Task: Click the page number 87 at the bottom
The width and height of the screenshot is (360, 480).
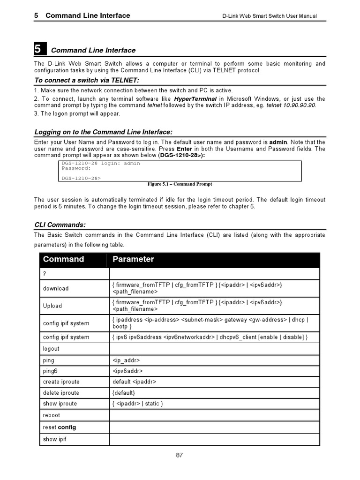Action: point(180,455)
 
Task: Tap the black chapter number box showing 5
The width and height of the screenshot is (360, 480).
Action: point(40,49)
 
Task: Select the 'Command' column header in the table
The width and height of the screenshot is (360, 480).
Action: point(63,259)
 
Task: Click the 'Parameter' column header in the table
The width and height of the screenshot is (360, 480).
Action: point(133,259)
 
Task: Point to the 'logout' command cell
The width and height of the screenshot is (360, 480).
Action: point(51,349)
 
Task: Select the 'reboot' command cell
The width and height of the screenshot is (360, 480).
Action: point(52,415)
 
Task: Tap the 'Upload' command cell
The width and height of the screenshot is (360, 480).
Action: point(52,306)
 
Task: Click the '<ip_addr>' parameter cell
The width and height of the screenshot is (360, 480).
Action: point(126,360)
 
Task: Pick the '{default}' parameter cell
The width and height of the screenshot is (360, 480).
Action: point(124,393)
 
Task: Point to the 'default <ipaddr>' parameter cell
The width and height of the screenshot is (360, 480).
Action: point(134,382)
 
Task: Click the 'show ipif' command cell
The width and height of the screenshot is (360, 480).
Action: point(55,439)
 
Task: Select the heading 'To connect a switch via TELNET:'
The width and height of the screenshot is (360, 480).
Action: point(86,80)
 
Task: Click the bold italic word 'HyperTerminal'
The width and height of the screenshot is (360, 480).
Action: point(195,99)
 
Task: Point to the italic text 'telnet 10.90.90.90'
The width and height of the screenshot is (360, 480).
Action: point(291,105)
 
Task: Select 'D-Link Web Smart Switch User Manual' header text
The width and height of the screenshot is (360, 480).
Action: point(269,16)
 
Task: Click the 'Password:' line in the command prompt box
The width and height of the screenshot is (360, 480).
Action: point(76,168)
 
